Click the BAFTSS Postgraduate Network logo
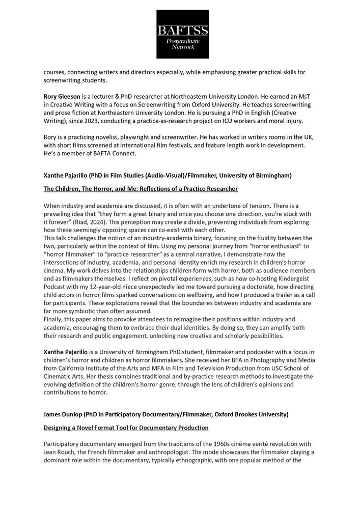(180, 33)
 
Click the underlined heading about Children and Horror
(141, 189)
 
